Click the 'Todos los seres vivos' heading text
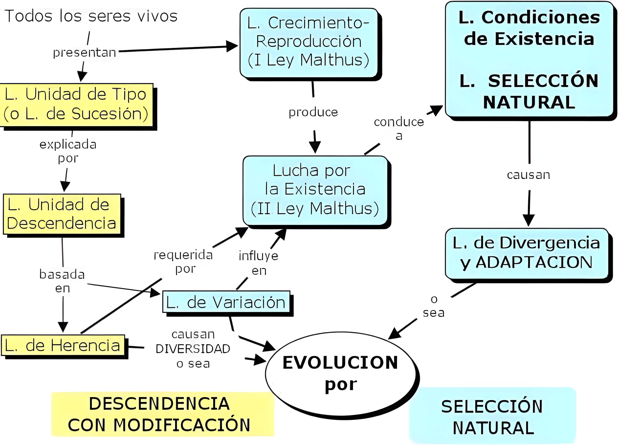(x=91, y=16)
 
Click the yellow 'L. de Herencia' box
(x=63, y=345)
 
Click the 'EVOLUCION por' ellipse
(x=340, y=373)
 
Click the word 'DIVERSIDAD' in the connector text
(x=193, y=349)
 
